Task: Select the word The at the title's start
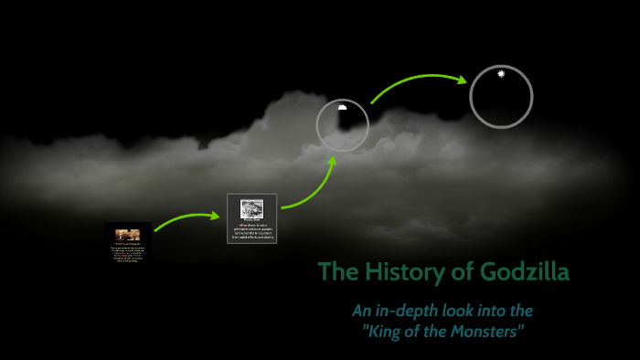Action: [x=337, y=271]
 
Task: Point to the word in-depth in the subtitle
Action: [x=411, y=311]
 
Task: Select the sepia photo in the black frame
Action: [x=127, y=235]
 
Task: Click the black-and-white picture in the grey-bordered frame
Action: [x=251, y=208]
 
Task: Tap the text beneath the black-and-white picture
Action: [x=251, y=230]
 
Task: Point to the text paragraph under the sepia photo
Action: [x=127, y=253]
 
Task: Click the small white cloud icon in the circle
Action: [x=342, y=107]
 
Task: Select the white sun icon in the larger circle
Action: [x=501, y=73]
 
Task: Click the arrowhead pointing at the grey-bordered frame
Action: [x=217, y=217]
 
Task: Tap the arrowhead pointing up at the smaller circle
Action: [x=332, y=161]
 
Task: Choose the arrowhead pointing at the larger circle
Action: [x=462, y=79]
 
